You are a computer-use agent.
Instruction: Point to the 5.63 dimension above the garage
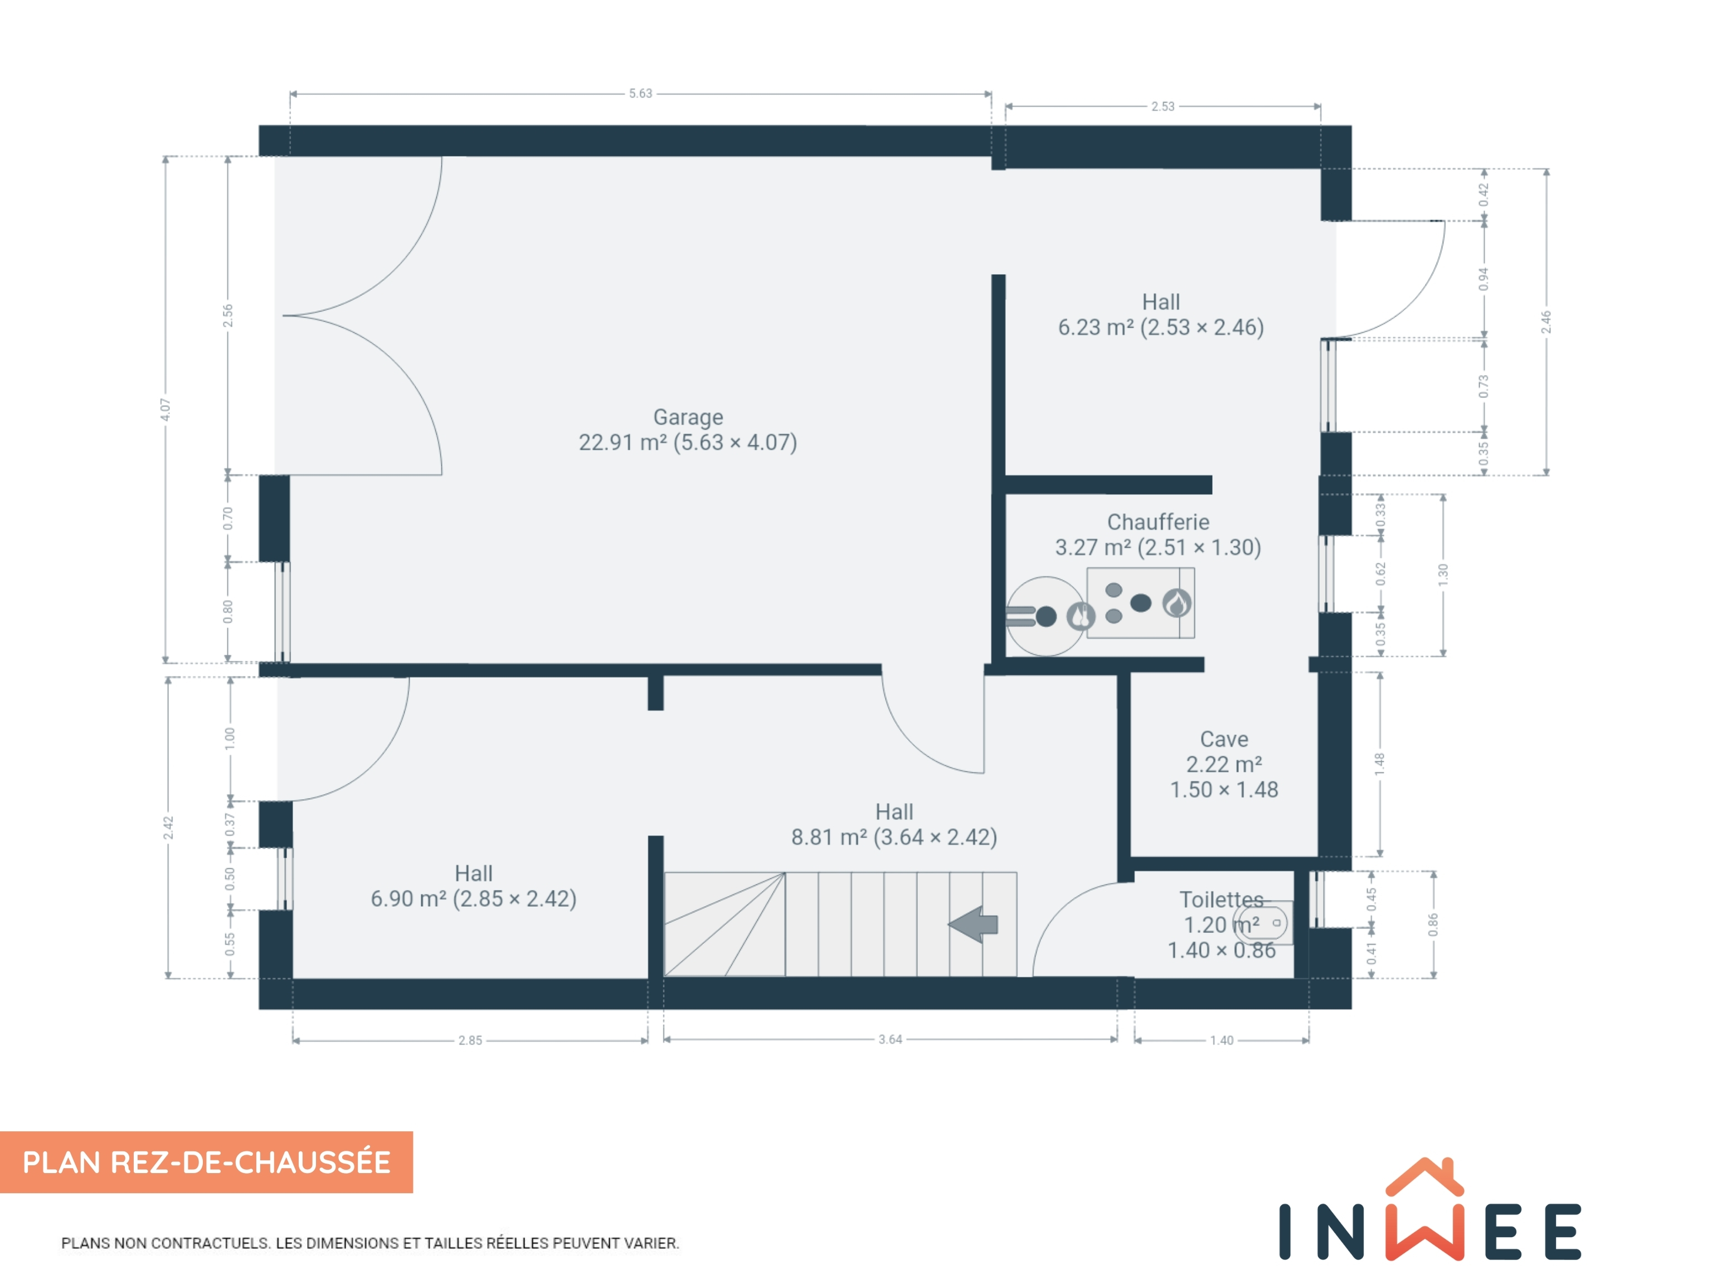pyautogui.click(x=640, y=94)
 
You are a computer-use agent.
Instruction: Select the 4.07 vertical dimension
pyautogui.click(x=166, y=410)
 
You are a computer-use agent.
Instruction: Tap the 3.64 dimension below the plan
pyautogui.click(x=890, y=1039)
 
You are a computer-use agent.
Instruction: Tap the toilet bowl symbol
pyautogui.click(x=1263, y=922)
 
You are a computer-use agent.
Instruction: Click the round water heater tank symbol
pyautogui.click(x=1045, y=616)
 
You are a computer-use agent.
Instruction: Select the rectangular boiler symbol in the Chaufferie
pyautogui.click(x=1140, y=603)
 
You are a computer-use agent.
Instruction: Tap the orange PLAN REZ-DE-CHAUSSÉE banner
pyautogui.click(x=207, y=1162)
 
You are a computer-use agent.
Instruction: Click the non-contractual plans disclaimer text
pyautogui.click(x=370, y=1243)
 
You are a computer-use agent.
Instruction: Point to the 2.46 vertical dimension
pyautogui.click(x=1545, y=322)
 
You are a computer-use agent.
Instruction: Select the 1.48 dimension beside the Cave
pyautogui.click(x=1379, y=764)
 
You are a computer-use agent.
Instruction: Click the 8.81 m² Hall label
pyautogui.click(x=894, y=824)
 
